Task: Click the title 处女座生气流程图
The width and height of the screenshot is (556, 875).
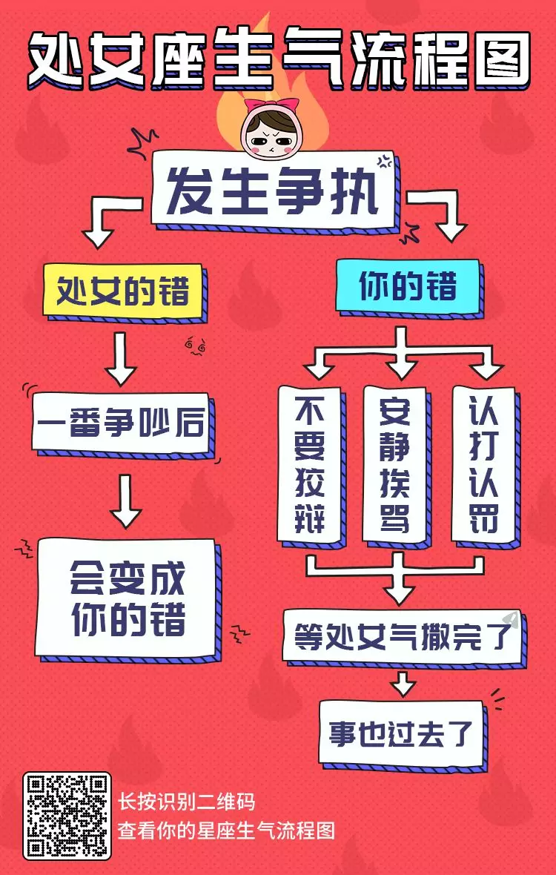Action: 278,56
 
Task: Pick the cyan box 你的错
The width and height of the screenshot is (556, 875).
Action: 407,285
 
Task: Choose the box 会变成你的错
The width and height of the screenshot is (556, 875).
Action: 127,598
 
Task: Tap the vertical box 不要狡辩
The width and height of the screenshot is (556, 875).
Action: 310,463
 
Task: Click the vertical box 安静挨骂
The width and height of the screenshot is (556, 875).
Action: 394,463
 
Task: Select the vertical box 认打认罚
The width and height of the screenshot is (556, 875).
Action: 483,463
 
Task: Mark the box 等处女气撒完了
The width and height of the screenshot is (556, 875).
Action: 401,635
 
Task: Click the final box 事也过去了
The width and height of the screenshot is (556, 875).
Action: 400,732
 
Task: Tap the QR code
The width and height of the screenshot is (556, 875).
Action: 67,816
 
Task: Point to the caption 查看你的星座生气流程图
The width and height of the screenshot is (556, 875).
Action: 227,829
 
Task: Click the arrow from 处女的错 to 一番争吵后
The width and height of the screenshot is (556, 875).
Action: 122,357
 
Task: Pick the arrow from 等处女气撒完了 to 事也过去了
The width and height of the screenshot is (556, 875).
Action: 403,682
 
